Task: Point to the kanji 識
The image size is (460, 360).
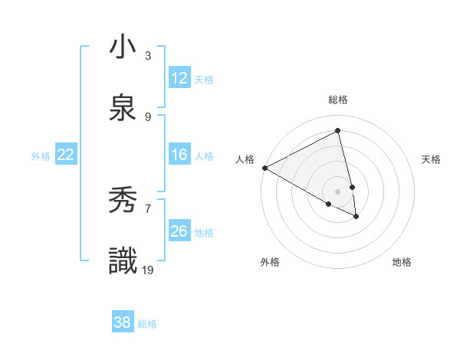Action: click(123, 261)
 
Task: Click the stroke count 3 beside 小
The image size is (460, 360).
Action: click(148, 56)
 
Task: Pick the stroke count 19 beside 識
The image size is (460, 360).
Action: click(149, 270)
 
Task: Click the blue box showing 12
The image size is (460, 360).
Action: click(179, 78)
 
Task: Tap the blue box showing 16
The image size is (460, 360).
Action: click(179, 155)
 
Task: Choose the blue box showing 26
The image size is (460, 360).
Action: click(179, 231)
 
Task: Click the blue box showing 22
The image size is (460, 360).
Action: click(66, 155)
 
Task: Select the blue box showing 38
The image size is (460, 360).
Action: click(123, 322)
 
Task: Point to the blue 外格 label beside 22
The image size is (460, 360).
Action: click(41, 156)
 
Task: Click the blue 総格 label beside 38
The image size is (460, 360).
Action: click(147, 324)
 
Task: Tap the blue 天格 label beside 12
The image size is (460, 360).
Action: click(203, 80)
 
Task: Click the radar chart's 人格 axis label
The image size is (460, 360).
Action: click(245, 159)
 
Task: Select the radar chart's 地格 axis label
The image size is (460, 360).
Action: click(402, 262)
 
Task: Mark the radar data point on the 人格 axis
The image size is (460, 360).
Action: click(264, 168)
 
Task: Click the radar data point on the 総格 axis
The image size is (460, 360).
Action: click(338, 131)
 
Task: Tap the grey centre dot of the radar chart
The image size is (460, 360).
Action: click(338, 191)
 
